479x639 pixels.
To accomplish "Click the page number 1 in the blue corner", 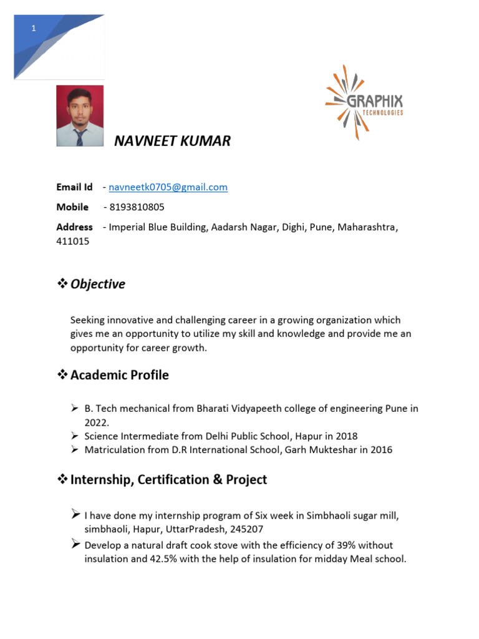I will coord(34,29).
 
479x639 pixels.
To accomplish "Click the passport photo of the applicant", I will coord(80,116).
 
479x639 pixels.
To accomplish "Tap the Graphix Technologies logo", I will coord(364,102).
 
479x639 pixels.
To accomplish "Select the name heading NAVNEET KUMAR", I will coord(172,141).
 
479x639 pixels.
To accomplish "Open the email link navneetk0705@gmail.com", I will coord(168,187).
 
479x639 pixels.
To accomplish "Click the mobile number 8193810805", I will coord(137,207).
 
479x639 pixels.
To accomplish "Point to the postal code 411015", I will coord(73,241).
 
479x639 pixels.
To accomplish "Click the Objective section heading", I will coord(97,285).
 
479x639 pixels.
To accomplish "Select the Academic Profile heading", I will coord(119,375).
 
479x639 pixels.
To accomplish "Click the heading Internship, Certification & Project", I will coord(168,480).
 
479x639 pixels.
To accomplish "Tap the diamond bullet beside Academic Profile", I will coord(62,375).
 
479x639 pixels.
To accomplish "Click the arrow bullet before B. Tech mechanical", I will coord(74,409).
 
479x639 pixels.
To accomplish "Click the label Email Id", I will coord(74,187).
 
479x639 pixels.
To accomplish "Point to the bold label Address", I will coord(74,227).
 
